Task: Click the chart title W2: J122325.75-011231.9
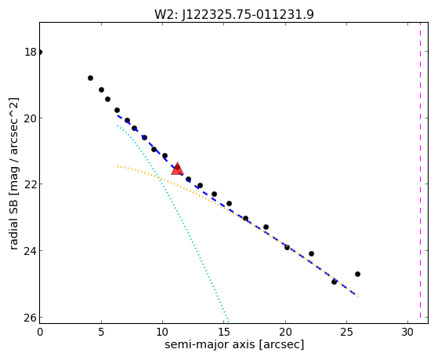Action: click(234, 14)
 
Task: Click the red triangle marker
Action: click(177, 169)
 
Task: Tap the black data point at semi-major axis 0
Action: click(40, 52)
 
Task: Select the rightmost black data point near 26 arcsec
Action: click(357, 274)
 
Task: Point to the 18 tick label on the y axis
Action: click(31, 52)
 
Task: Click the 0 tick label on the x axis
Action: click(40, 332)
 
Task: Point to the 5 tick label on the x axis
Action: click(101, 332)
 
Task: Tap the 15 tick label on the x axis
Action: click(224, 332)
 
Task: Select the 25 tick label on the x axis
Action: click(346, 332)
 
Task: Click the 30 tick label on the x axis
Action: click(407, 332)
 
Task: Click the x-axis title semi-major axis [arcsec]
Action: click(234, 344)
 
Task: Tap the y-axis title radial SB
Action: click(14, 223)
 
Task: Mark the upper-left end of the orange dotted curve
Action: click(118, 166)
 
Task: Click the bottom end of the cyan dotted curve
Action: click(228, 321)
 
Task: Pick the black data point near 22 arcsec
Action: click(311, 253)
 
